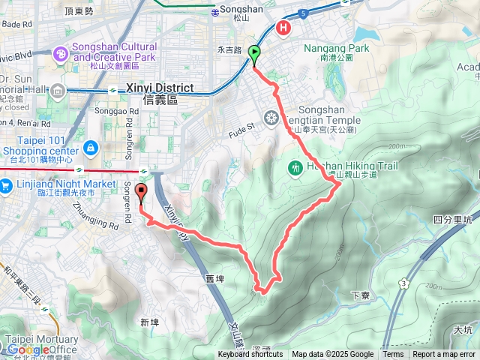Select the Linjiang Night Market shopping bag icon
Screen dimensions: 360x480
coord(5,184)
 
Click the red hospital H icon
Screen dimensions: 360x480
coord(284,28)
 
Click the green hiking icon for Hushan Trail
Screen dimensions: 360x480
coord(295,167)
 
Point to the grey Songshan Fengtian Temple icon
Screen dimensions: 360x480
coord(271,117)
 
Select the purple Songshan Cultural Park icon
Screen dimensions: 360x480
coord(60,53)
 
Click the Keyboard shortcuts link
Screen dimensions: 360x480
coord(250,355)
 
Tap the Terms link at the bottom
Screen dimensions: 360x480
coord(393,355)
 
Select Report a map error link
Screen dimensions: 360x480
coord(444,355)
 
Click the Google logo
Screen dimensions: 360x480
coord(28,349)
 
